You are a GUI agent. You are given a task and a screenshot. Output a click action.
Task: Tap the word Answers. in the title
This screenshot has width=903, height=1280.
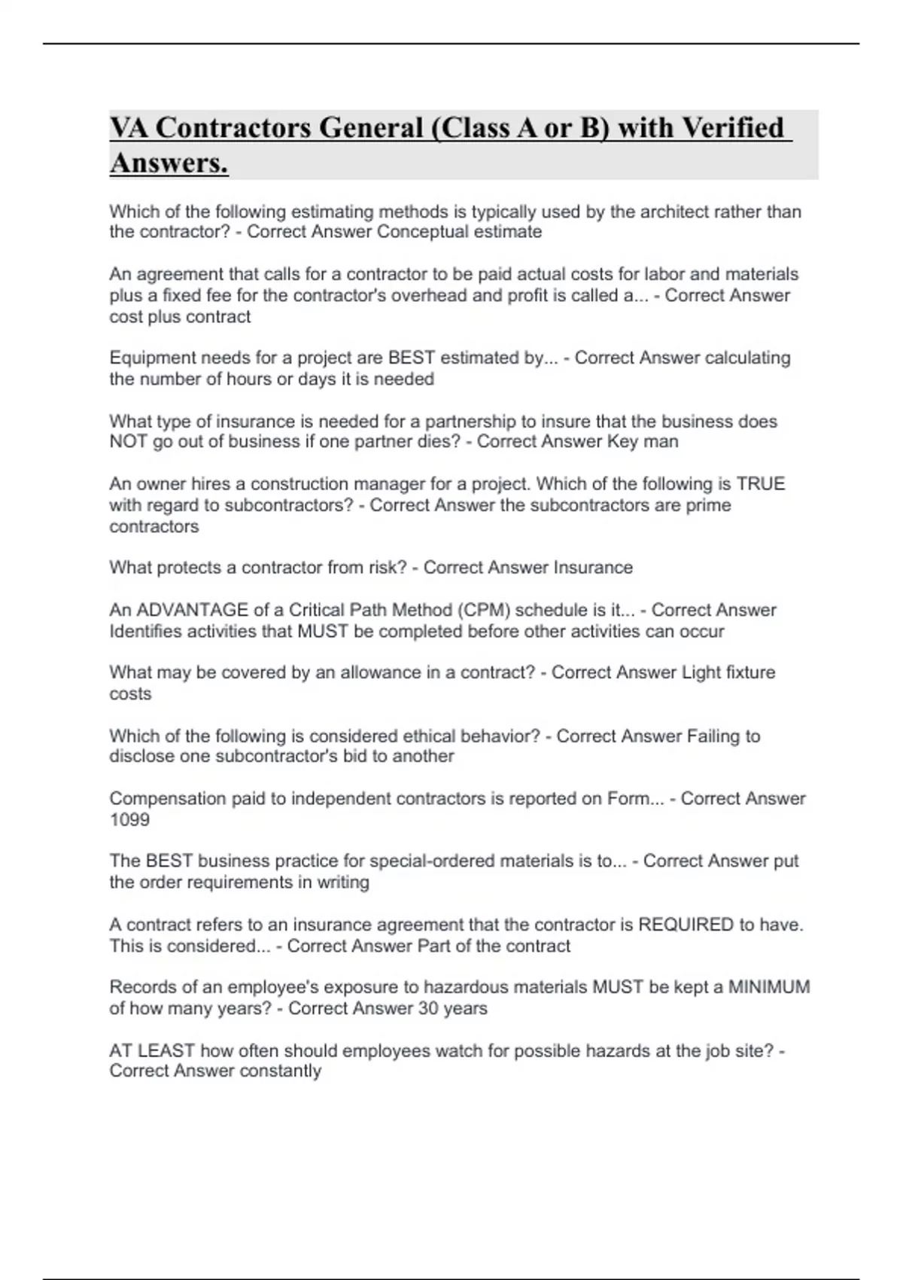pyautogui.click(x=169, y=163)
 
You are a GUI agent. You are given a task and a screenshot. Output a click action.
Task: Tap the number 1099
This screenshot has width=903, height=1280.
pyautogui.click(x=129, y=819)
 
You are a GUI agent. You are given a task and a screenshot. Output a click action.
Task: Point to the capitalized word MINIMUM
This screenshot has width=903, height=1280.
pyautogui.click(x=769, y=987)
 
